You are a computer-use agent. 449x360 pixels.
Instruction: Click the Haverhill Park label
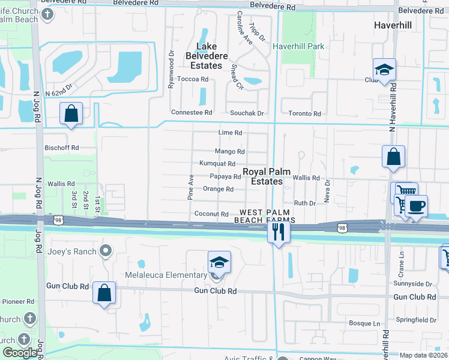point(298,46)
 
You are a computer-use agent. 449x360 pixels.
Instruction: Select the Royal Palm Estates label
point(262,176)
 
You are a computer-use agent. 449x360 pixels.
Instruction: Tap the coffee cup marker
point(415,207)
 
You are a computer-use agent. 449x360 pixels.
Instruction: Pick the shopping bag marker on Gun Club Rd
point(104,294)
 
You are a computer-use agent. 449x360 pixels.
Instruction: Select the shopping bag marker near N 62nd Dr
point(71,113)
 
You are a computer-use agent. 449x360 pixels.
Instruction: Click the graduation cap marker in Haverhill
point(384,70)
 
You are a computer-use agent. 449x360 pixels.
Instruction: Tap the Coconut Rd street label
point(211,214)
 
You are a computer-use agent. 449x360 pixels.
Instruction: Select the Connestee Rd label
point(192,112)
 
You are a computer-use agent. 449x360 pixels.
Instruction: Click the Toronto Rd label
point(304,113)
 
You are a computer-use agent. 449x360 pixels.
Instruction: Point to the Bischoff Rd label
point(62,147)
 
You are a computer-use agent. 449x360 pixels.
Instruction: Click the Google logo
point(20,352)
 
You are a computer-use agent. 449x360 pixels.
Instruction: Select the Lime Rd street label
point(230,133)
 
